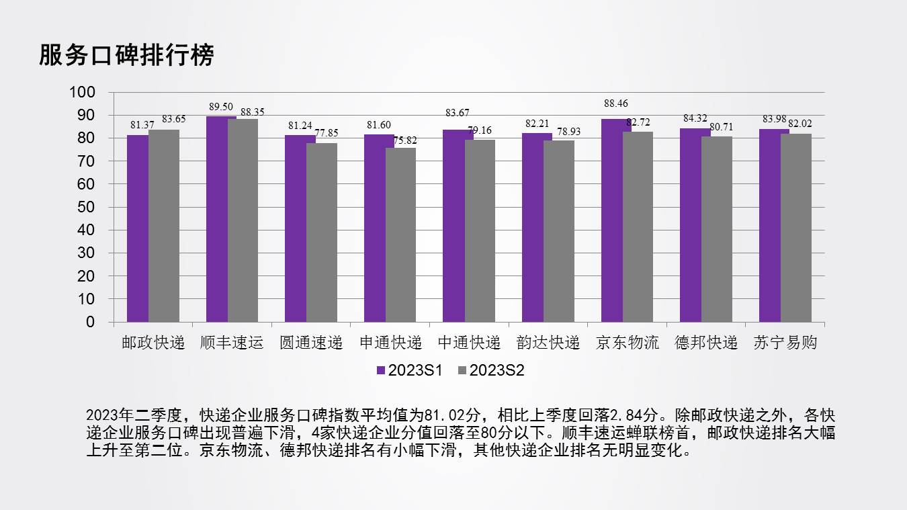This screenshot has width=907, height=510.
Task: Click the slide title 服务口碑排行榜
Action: (x=126, y=55)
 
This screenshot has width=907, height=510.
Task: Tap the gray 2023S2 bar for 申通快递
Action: (x=401, y=235)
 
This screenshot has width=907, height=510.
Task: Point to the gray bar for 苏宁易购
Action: (x=796, y=228)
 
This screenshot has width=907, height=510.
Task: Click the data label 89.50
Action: (x=220, y=107)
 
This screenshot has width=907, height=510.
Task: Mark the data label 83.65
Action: (x=173, y=119)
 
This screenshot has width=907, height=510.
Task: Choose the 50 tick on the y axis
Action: (x=87, y=207)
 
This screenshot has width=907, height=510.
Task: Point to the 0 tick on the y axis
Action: (x=91, y=322)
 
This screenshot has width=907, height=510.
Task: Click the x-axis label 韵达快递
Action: (x=548, y=343)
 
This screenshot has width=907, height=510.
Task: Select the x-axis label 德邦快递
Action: (x=706, y=343)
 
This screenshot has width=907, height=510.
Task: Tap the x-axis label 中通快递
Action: (x=469, y=343)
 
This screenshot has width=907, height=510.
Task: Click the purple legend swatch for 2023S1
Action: (x=381, y=370)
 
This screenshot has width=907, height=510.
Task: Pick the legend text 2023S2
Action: (x=496, y=370)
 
